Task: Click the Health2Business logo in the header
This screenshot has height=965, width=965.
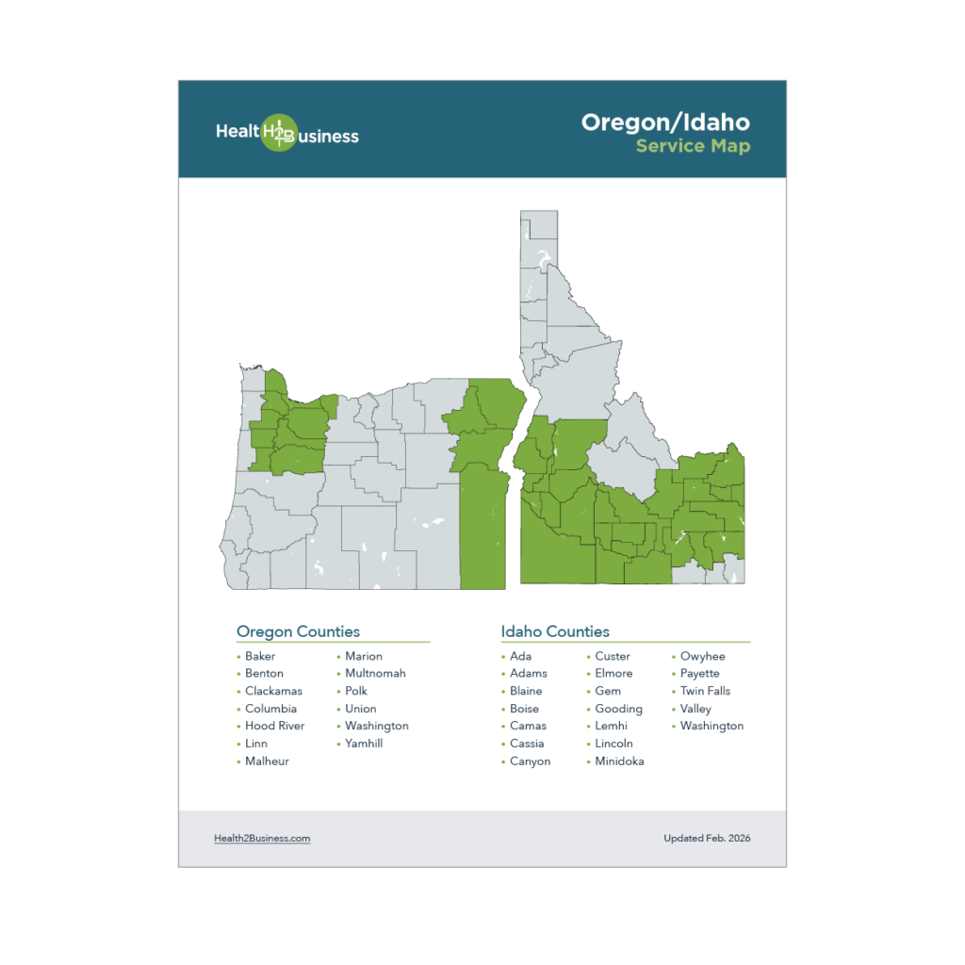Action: pos(286,133)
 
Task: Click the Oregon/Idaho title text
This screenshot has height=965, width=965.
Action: pos(665,123)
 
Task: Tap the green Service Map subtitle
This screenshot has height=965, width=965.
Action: pos(693,146)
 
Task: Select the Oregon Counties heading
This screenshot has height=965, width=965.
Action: pos(298,631)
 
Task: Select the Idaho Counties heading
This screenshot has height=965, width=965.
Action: pos(555,631)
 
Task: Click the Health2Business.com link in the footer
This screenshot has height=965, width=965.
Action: pos(262,838)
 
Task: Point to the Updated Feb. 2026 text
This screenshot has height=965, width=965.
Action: pos(707,838)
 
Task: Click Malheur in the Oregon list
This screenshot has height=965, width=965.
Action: pos(267,761)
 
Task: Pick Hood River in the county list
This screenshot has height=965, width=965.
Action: pos(274,726)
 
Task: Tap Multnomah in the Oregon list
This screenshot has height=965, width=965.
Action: pos(375,674)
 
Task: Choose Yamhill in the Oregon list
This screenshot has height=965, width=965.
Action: pos(364,744)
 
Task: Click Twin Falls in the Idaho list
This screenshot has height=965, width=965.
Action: pos(705,691)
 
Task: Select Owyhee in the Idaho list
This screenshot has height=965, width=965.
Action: pos(702,656)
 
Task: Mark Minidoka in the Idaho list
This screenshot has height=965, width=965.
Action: pos(619,761)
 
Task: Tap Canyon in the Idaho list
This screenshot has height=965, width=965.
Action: pos(530,761)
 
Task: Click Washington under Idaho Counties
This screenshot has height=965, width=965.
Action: pos(711,726)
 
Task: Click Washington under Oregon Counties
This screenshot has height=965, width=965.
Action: pos(376,726)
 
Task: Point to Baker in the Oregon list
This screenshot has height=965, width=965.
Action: pos(260,656)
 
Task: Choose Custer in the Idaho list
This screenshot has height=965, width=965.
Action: pos(613,656)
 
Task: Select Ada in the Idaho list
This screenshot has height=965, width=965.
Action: pos(520,656)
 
